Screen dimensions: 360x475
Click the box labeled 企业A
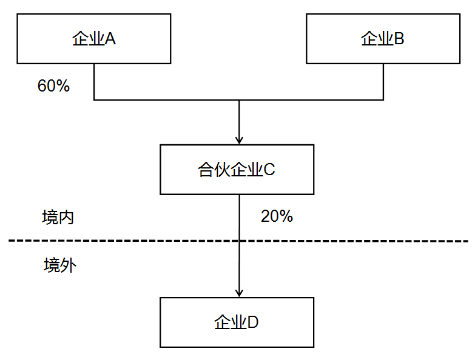click(x=94, y=39)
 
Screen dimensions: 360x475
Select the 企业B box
click(x=383, y=39)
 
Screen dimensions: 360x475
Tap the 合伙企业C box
click(x=237, y=170)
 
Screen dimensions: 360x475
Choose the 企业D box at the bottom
click(x=237, y=322)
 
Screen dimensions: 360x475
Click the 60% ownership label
click(x=53, y=86)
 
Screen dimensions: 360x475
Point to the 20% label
click(x=277, y=216)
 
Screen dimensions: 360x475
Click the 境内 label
click(x=58, y=218)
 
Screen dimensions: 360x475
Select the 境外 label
click(x=59, y=265)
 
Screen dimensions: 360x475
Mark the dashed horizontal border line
click(x=364, y=241)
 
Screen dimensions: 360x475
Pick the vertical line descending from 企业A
click(x=94, y=81)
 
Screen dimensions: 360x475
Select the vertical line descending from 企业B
click(x=383, y=81)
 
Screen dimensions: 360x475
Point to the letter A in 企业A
click(x=111, y=39)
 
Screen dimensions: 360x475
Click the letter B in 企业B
click(x=400, y=39)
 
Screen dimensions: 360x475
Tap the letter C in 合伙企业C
click(x=270, y=170)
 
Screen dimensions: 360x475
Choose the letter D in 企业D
click(x=253, y=322)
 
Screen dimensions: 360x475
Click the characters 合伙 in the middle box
click(x=212, y=170)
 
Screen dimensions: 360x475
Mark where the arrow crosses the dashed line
click(x=240, y=241)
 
